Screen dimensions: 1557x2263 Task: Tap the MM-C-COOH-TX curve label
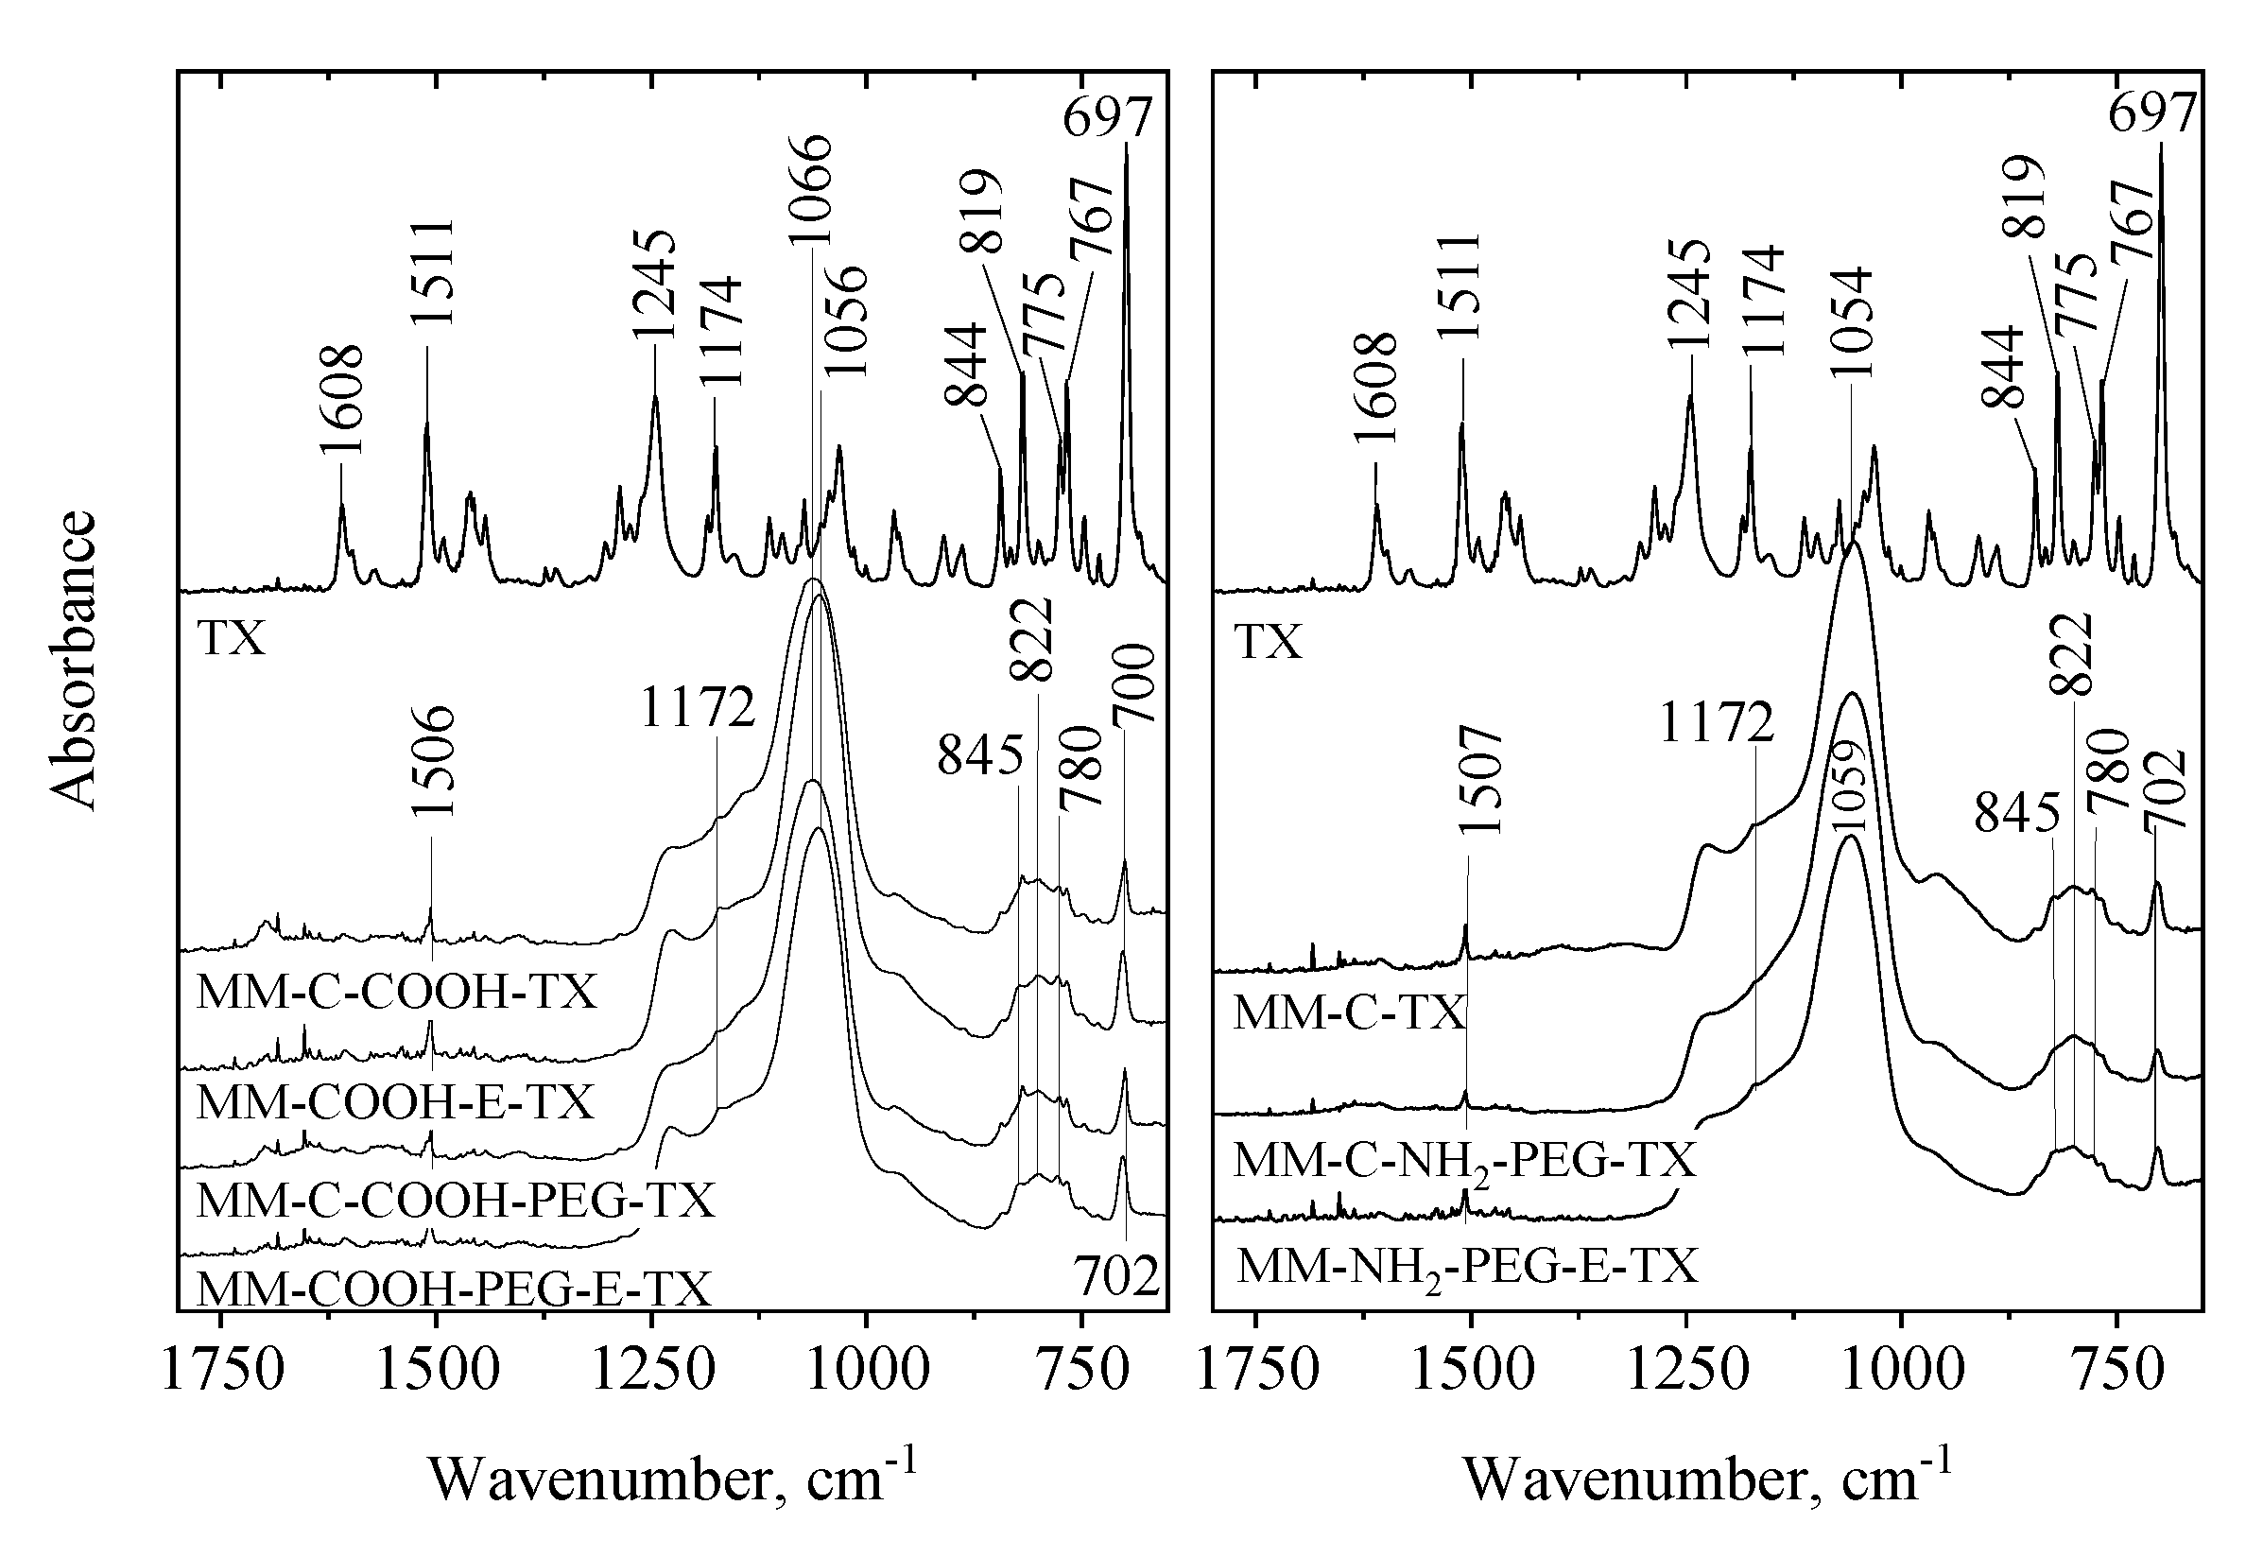396,994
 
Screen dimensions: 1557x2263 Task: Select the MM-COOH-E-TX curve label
395,1102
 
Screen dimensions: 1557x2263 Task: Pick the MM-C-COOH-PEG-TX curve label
456,1200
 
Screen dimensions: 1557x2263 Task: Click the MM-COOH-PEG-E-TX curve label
454,1288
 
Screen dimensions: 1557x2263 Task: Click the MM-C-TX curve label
1349,1013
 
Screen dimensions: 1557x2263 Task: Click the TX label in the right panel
1268,643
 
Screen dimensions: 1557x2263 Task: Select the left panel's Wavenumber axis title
673,1479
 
